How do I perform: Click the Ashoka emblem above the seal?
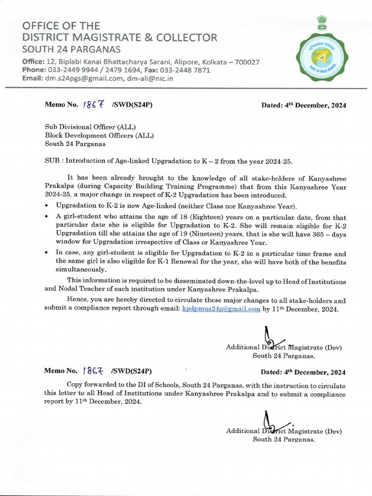coord(321,23)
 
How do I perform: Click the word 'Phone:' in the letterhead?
coord(33,70)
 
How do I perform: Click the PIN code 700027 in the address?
coord(245,62)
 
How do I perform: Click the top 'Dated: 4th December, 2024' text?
coord(304,105)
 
